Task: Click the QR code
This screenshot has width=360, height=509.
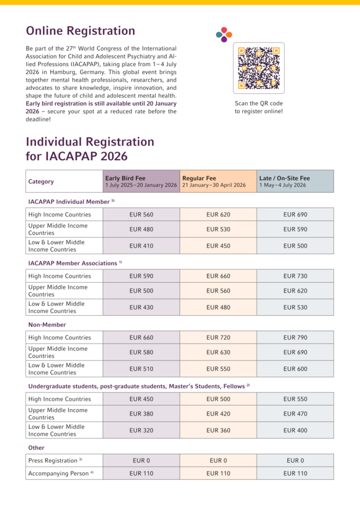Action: tap(258, 68)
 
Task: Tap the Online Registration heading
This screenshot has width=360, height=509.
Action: tap(81, 31)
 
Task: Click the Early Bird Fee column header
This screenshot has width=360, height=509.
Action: tap(141, 181)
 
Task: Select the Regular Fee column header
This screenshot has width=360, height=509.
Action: tap(218, 181)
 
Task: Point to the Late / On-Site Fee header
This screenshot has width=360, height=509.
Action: tap(295, 181)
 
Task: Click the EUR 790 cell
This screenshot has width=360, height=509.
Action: tap(295, 338)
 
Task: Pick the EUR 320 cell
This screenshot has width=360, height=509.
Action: tap(141, 430)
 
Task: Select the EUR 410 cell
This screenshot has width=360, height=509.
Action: tap(141, 246)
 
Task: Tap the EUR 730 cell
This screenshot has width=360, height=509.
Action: tap(295, 276)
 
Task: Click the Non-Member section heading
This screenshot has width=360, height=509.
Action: tap(47, 325)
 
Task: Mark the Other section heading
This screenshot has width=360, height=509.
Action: tap(37, 448)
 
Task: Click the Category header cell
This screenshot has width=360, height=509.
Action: tap(41, 182)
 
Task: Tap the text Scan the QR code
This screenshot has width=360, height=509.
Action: tap(258, 103)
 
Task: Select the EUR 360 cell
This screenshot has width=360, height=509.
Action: tap(218, 430)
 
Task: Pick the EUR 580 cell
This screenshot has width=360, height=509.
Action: tap(141, 352)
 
